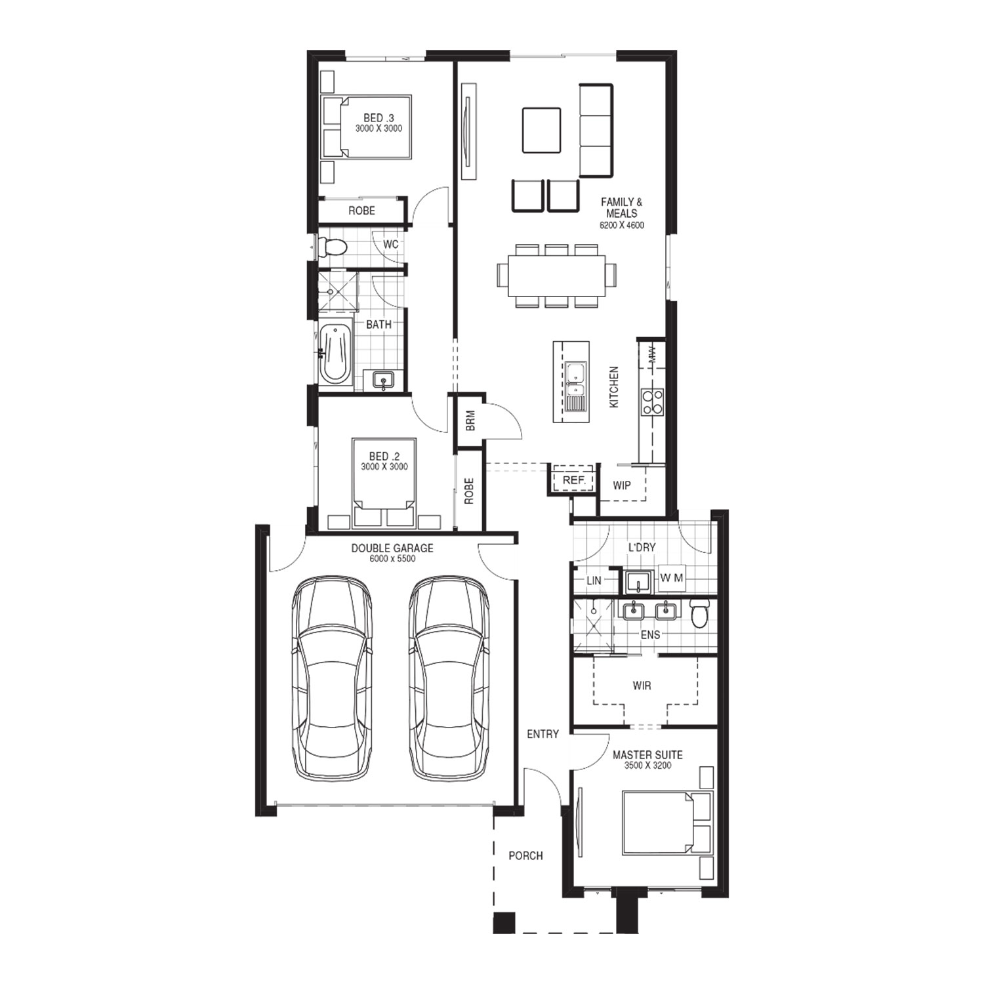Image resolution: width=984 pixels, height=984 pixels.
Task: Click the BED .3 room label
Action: (x=379, y=118)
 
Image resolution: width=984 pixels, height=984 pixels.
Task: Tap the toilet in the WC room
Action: (x=332, y=247)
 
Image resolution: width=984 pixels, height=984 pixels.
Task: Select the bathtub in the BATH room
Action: (x=335, y=353)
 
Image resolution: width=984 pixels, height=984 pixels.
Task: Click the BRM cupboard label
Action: (x=470, y=421)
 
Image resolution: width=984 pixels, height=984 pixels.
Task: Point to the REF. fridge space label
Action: (x=574, y=481)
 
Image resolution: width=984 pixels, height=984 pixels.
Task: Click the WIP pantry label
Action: (x=622, y=485)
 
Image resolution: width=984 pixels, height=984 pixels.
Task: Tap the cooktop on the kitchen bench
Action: (x=652, y=401)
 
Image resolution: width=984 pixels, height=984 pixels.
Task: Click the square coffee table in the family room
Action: (x=541, y=130)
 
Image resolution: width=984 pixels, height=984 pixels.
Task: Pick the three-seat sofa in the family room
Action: (x=596, y=131)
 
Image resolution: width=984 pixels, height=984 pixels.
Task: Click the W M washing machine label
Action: (x=672, y=578)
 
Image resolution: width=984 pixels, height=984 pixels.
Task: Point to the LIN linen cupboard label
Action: (x=594, y=581)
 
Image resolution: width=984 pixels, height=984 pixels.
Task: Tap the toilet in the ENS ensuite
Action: (x=700, y=613)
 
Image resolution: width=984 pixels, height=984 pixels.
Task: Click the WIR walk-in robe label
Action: (x=642, y=686)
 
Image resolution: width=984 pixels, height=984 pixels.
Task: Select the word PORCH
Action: (x=525, y=855)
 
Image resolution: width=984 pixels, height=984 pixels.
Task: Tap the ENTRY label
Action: (x=543, y=734)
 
